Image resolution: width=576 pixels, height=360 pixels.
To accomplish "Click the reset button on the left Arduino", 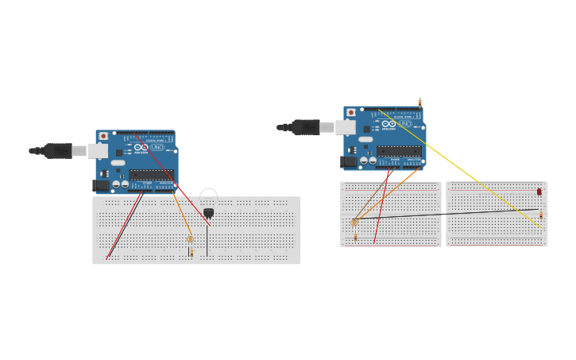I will pos(103,137).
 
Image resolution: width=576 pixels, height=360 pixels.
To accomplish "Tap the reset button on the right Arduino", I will pos(351,113).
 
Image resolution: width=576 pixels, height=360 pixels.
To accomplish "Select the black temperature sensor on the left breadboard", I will pos(208,212).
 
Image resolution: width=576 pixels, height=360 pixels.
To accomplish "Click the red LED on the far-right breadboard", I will pos(539,192).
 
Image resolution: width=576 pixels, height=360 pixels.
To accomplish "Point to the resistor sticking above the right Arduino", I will pos(419,103).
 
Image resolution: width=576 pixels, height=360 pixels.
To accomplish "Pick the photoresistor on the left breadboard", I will pos(190,238).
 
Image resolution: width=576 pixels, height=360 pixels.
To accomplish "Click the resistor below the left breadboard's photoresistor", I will pos(191,253).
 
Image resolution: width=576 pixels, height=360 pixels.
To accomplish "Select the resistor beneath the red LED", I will pos(541,214).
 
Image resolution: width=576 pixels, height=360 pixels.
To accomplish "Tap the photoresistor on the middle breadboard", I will pos(354,223).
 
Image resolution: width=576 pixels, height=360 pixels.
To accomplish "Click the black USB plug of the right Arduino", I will pos(305,127).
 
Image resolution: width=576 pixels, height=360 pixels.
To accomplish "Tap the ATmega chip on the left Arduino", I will pos(151,175).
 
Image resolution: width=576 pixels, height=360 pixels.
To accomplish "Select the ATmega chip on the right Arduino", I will pos(399,151).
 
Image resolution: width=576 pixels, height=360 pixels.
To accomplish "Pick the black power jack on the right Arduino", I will pos(348,161).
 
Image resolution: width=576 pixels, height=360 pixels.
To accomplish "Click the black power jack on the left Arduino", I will pos(101,185).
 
